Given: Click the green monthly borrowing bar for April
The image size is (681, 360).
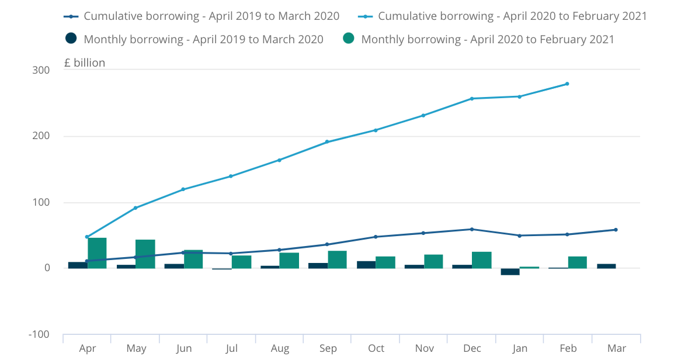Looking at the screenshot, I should [x=97, y=253].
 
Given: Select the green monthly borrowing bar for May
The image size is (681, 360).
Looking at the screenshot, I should [x=145, y=254].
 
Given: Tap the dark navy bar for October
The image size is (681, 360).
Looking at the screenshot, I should [x=366, y=265].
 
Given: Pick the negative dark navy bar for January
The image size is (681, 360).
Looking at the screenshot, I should [x=510, y=272].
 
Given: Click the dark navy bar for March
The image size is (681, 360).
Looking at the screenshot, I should [x=606, y=266].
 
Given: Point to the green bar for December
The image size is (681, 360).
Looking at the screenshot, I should [x=482, y=260].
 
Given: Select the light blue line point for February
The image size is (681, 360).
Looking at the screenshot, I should [x=567, y=84].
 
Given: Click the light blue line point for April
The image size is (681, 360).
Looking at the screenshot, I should [x=87, y=237].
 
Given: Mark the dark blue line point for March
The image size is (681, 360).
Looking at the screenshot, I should [x=616, y=230].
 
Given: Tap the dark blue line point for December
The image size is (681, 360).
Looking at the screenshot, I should [x=472, y=229].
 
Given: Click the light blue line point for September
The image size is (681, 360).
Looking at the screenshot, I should [x=327, y=141].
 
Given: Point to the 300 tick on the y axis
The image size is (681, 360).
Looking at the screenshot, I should [x=41, y=70].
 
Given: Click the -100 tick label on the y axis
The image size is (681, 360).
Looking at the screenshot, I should [x=39, y=334].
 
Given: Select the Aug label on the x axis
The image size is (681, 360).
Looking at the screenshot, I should [x=280, y=349].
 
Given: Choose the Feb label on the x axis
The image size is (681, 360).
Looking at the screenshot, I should [x=568, y=349].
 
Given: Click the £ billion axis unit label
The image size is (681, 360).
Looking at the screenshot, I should [x=85, y=63].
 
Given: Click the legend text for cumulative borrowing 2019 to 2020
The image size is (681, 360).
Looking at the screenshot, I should [x=211, y=16].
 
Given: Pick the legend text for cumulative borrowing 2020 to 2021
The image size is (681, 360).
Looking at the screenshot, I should [x=512, y=16].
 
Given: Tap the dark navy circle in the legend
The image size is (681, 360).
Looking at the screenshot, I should [x=71, y=39].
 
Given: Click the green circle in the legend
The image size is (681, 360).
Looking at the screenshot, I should [x=349, y=39].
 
